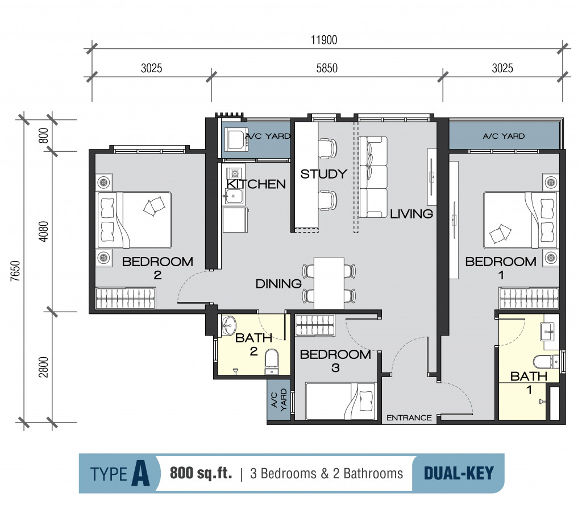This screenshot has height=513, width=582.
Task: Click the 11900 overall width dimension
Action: pyautogui.click(x=324, y=40)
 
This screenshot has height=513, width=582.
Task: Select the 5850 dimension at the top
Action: pyautogui.click(x=327, y=68)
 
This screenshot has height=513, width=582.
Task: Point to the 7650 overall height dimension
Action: pyautogui.click(x=15, y=271)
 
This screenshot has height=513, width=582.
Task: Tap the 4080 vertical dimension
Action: pyautogui.click(x=43, y=231)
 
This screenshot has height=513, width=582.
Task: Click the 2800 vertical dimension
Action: pyautogui.click(x=43, y=367)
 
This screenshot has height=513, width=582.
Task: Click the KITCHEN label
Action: pyautogui.click(x=256, y=184)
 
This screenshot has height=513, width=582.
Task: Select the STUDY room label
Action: pyautogui.click(x=323, y=174)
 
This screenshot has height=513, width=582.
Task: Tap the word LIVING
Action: pyautogui.click(x=411, y=214)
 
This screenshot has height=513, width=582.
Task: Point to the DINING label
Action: pyautogui.click(x=278, y=284)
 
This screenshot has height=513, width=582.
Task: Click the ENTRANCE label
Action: pyautogui.click(x=409, y=417)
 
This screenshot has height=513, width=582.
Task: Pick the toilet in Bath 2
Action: pyautogui.click(x=272, y=361)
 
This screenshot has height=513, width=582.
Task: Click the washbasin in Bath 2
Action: pyautogui.click(x=228, y=326)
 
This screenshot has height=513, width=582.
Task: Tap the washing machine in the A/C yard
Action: pyautogui.click(x=236, y=140)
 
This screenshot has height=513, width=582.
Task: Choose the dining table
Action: pyautogui.click(x=329, y=283)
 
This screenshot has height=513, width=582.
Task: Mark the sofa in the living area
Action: pyautogui.click(x=373, y=177)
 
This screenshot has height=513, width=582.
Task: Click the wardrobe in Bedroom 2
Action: pyautogui.click(x=126, y=298)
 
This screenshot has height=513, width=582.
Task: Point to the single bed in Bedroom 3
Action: pyautogui.click(x=341, y=402)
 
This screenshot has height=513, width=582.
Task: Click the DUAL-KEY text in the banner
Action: pyautogui.click(x=459, y=473)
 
